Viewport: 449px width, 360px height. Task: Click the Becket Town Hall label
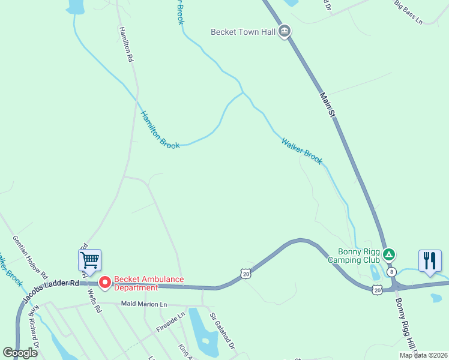point(243,32)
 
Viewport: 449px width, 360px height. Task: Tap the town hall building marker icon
point(285,31)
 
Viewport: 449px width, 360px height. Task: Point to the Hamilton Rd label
point(125,45)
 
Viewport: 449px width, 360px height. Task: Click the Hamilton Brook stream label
point(160,129)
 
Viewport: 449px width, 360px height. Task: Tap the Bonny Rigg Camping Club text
point(354,256)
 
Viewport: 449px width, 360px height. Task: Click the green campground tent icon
point(390,255)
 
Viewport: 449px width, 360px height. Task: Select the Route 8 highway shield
point(392,272)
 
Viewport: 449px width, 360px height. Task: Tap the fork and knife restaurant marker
point(429,261)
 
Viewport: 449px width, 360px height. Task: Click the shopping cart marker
point(89,261)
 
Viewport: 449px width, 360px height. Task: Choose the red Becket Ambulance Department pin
point(105,281)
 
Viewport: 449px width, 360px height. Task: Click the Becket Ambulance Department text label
point(149,283)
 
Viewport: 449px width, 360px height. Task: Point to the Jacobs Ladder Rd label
point(51,290)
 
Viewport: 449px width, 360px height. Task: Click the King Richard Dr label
point(37,327)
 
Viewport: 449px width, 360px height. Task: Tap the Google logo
point(20,353)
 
